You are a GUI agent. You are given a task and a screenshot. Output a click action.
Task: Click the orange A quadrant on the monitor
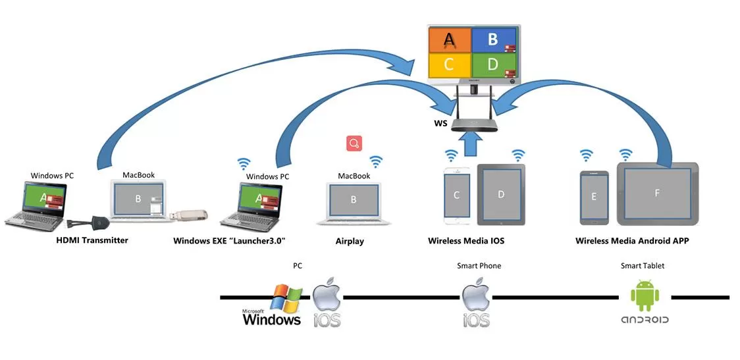tap(449, 40)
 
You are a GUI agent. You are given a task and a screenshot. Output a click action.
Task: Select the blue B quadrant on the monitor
tap(492, 40)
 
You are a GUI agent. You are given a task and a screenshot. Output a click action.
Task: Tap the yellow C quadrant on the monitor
tap(449, 64)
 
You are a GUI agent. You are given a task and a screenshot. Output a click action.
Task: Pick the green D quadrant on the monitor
tap(492, 64)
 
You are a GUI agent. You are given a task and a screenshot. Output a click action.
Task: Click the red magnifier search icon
tap(354, 143)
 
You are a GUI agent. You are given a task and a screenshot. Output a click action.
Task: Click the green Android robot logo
tap(645, 296)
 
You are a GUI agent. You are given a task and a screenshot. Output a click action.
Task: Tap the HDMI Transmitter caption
tap(92, 240)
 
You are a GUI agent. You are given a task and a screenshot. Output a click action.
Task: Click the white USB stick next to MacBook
tap(191, 215)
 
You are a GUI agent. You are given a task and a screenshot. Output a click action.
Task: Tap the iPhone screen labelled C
tap(456, 195)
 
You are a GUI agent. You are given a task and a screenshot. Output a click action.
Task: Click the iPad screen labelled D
tap(501, 194)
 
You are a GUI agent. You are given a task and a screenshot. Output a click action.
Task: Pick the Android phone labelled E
tap(594, 197)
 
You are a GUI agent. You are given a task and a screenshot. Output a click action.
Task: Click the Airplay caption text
tap(350, 242)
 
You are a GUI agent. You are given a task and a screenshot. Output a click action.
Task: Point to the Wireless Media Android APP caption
tap(631, 241)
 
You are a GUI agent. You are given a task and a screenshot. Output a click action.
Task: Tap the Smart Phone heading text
tap(479, 266)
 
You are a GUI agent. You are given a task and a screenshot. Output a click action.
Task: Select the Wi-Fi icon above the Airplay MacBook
tap(376, 161)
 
